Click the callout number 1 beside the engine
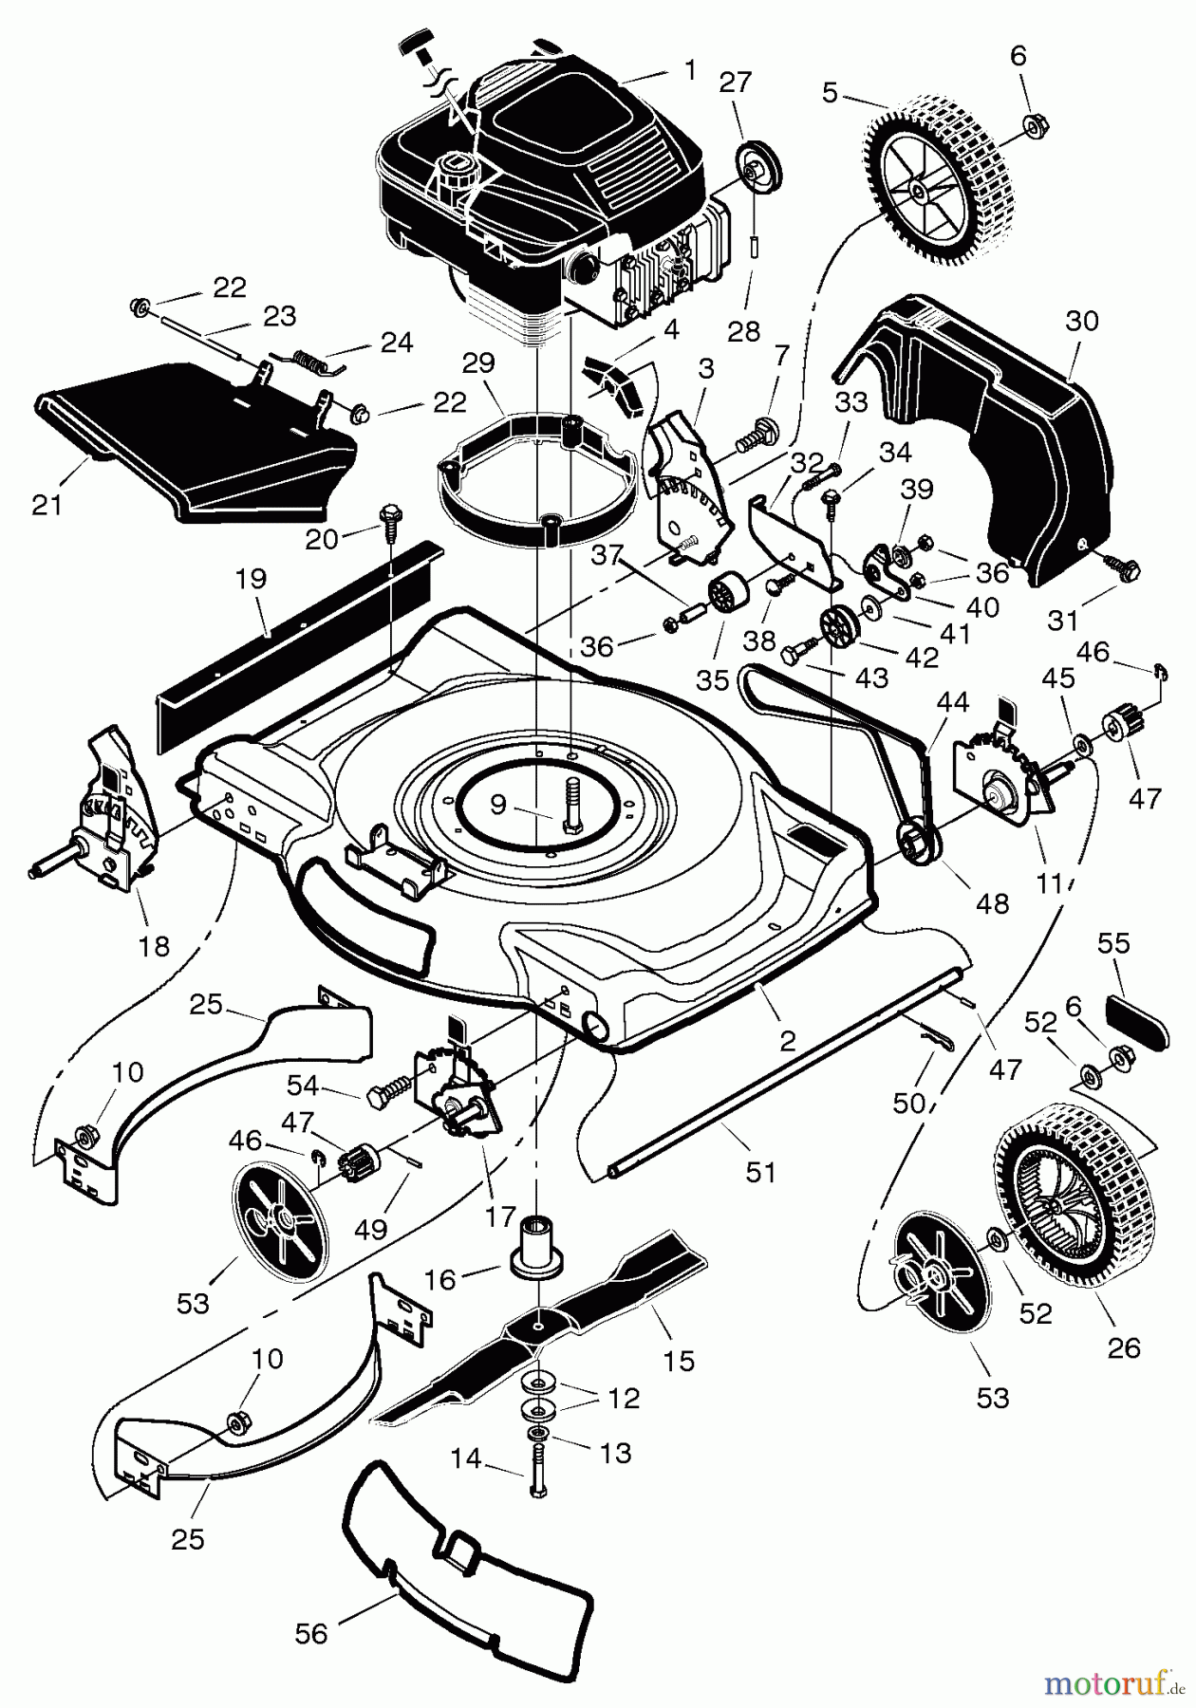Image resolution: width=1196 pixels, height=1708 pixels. tap(690, 70)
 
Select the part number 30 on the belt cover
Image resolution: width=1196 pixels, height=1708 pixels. tap(1081, 322)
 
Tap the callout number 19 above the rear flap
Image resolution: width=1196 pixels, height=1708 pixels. tap(252, 578)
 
